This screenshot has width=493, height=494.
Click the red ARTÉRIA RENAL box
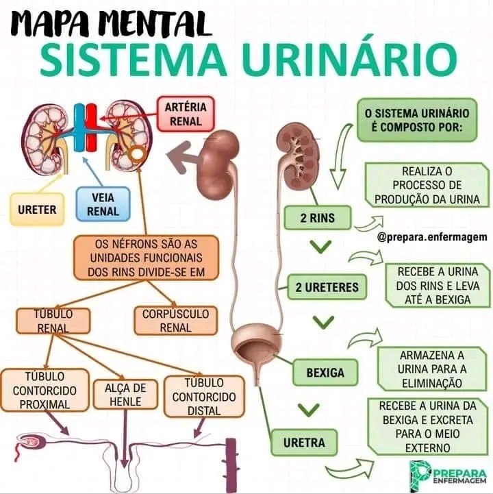[x=186, y=114]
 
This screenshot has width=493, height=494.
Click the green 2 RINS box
[x=318, y=219]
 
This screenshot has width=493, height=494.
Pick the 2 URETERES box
[x=327, y=287]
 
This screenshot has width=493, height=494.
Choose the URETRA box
[x=305, y=442]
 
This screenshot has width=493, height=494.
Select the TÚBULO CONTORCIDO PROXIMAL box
[x=45, y=391]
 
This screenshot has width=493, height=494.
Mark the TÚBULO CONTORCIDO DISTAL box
[x=203, y=397]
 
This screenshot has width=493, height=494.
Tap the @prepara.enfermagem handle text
[x=431, y=237]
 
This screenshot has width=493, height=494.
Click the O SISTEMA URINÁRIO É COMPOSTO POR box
[x=416, y=119]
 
